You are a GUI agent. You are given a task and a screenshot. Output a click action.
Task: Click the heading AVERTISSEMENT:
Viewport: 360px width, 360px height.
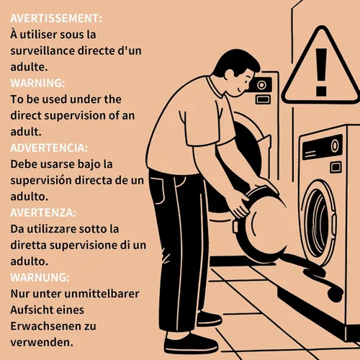pyautogui.click(x=56, y=19)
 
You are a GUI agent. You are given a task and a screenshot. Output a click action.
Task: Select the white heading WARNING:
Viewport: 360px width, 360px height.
pyautogui.click(x=37, y=83)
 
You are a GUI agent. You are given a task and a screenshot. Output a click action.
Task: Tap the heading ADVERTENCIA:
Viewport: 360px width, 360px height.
pyautogui.click(x=49, y=148)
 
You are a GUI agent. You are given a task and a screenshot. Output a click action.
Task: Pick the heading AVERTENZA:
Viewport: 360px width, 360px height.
pyautogui.click(x=43, y=212)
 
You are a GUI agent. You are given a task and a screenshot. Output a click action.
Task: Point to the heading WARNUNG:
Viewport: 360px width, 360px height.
pyautogui.click(x=40, y=277)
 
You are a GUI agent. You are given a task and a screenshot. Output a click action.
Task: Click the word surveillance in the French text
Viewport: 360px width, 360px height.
pyautogui.click(x=42, y=51)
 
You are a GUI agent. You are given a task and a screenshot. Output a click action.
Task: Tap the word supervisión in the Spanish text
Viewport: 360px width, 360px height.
pyautogui.click(x=41, y=181)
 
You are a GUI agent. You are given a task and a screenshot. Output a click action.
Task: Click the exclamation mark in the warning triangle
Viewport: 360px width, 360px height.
pyautogui.click(x=321, y=72)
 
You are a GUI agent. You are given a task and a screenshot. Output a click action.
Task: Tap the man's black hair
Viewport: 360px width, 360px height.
pyautogui.click(x=235, y=61)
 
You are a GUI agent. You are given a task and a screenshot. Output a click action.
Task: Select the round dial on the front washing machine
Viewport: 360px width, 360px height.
pyautogui.click(x=335, y=145)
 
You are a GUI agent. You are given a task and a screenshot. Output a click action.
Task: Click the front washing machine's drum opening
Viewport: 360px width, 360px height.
pyautogui.click(x=319, y=222)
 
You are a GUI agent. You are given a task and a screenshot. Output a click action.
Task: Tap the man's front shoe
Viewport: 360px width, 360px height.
pyautogui.click(x=192, y=343)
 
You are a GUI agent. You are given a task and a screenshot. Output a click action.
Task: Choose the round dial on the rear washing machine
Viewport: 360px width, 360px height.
pyautogui.click(x=261, y=85)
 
